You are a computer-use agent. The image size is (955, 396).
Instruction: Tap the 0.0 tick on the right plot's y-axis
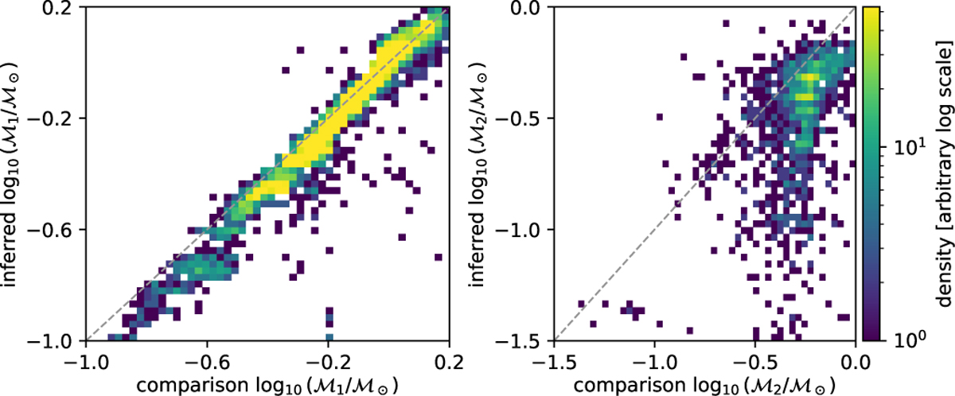click(528, 7)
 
